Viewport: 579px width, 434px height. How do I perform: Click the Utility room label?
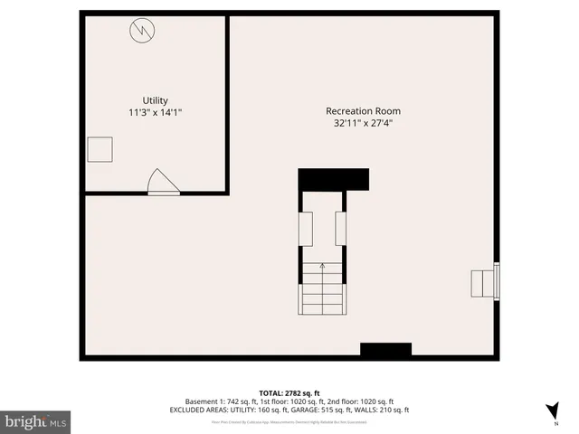[x=155, y=100]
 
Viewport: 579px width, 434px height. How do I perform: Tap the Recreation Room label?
[x=362, y=111]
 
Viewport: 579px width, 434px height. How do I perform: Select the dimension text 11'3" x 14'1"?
[x=155, y=113]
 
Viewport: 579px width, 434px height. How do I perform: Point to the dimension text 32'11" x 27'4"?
[x=362, y=124]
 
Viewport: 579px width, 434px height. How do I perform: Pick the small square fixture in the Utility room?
[x=100, y=149]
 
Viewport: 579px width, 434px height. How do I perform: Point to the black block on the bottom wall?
[x=386, y=350]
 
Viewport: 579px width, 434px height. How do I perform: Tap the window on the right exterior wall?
[x=496, y=279]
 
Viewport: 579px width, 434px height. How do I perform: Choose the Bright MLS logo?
[x=36, y=421]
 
